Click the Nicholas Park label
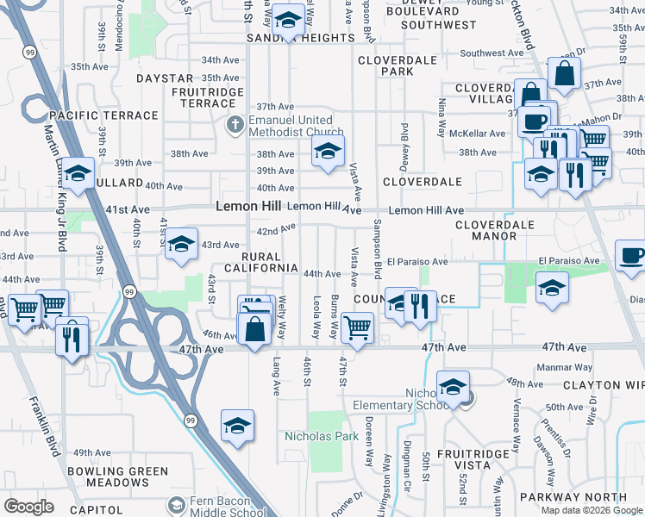point(322,437)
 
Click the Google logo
point(28,507)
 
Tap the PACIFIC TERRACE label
point(103,115)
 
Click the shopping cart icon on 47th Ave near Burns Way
point(357,327)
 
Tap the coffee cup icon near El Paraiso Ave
point(631,255)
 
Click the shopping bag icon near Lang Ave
point(256,328)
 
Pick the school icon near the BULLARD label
point(78,175)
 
